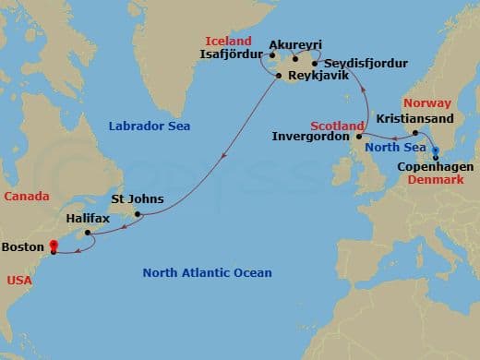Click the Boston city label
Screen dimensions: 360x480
[x=22, y=247]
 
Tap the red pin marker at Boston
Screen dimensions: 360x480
[x=54, y=246]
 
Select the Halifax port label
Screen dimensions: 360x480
[x=89, y=220]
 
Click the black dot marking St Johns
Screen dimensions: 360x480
[x=138, y=214]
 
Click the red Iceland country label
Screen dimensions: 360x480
[x=228, y=41]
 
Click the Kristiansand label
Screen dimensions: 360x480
[x=413, y=119]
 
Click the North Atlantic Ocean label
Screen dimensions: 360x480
[x=207, y=272]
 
